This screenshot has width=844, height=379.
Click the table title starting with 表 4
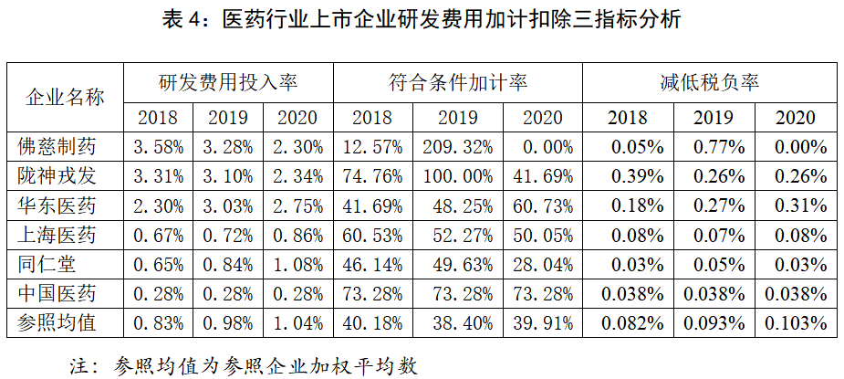(422, 19)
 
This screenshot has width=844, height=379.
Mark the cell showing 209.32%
(458, 146)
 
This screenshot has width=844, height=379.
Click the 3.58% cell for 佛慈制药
(159, 146)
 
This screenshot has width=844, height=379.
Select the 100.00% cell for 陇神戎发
(458, 175)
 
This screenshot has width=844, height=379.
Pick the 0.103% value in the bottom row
(796, 322)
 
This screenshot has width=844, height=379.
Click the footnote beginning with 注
(243, 364)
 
